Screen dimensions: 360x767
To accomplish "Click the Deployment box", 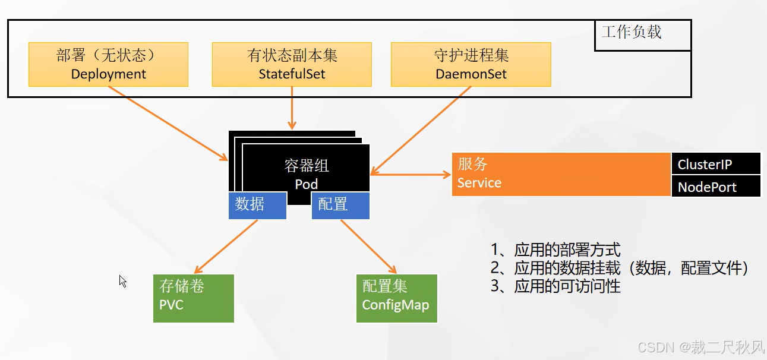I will click(x=108, y=64).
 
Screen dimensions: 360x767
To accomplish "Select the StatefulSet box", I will click(x=292, y=64).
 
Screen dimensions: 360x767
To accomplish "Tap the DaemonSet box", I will click(x=471, y=64).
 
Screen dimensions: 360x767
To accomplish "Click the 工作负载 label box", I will click(x=642, y=34).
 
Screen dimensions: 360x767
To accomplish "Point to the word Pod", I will click(x=307, y=184).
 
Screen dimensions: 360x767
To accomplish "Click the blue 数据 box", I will click(x=257, y=205).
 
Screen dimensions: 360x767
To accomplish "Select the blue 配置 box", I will click(x=340, y=205).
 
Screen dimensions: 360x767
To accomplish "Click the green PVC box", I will click(x=194, y=298).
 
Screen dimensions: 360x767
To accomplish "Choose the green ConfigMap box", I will click(x=396, y=298).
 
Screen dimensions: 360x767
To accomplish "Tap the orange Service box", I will click(x=561, y=174).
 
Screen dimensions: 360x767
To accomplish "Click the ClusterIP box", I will click(x=716, y=164).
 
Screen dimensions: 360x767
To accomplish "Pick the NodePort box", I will click(x=716, y=187).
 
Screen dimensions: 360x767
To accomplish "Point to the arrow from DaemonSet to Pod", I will click(x=421, y=130).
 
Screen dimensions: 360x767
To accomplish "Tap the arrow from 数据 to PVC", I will click(x=226, y=246).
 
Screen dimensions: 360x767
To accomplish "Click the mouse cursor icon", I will click(x=122, y=281).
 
